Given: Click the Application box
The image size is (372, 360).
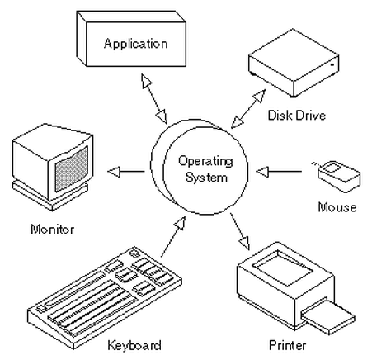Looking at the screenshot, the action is point(131,39).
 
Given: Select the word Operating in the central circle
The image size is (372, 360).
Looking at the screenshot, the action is point(205,161).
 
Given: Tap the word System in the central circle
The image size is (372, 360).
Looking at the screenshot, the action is point(206,178).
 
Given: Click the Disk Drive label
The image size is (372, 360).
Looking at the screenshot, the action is point(297,115).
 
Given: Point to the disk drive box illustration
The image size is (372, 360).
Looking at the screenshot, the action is point(294,64).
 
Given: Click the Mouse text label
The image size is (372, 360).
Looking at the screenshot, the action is point(337,207).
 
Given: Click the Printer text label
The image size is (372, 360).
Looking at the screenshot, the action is point(287,345).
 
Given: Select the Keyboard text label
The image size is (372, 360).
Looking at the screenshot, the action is point(134,345).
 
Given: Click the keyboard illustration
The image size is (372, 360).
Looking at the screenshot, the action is point(105,297).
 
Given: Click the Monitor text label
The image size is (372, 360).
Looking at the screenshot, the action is point(52,230).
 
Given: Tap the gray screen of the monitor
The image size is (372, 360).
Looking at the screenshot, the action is point(72,169).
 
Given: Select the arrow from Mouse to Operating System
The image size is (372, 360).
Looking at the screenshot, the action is point(279,172).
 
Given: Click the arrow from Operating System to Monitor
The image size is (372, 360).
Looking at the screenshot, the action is point(126,172).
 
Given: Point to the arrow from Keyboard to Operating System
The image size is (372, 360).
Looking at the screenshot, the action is point(173,236).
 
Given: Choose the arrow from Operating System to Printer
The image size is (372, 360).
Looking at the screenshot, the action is point(240,231).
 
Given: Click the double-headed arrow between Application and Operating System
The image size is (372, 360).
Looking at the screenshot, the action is point(154,99).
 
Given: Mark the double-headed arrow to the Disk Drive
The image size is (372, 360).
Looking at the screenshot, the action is point(248,109).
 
